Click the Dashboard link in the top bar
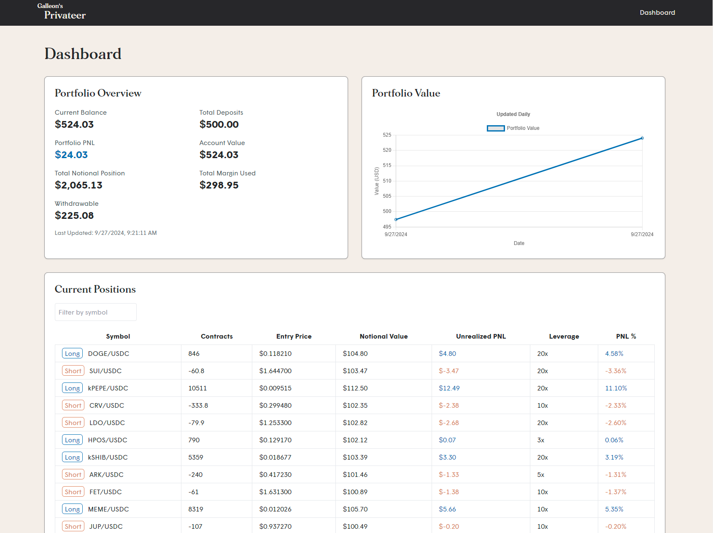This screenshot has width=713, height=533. pos(657,13)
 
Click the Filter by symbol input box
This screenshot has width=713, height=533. pos(95,312)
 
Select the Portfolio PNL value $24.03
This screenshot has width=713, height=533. pos(71,155)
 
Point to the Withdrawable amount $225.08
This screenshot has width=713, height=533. pos(74,215)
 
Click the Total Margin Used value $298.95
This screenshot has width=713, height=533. pos(219,185)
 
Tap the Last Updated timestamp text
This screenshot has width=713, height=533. pos(105,233)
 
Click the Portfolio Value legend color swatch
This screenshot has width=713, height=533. pos(496,128)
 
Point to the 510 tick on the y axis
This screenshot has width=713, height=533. pos(387,181)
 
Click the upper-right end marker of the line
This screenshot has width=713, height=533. pos(642,138)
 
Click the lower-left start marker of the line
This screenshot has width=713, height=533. pos(396,219)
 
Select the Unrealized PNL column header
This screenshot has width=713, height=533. pos(481,336)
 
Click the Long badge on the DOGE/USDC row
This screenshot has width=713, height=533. pos(72,354)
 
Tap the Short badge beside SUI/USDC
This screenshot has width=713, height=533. pos(73,371)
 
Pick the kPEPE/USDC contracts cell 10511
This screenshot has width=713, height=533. pos(197,388)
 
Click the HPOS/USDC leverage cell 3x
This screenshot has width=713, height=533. pos(540,440)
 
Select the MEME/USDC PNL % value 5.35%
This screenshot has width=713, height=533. pos(614,509)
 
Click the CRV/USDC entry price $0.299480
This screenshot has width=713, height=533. pos(275,406)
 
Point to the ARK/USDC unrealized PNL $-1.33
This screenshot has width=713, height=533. pos(448,475)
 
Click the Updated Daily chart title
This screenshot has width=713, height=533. pos(513,114)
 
